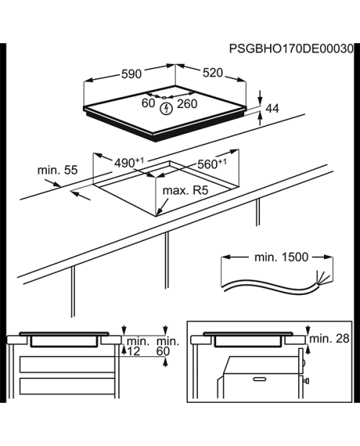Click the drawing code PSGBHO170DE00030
[291, 49]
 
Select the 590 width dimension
[131, 74]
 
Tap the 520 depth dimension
[212, 73]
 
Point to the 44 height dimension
[272, 109]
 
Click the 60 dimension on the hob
[148, 103]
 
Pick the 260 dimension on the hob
[187, 104]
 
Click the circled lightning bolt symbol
[166, 109]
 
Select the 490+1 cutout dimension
[129, 163]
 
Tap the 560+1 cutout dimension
[212, 164]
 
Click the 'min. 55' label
[58, 170]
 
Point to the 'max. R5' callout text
[185, 191]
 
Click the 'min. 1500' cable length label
[282, 257]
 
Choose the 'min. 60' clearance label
[168, 346]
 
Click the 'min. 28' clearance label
[329, 339]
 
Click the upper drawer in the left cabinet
[67, 365]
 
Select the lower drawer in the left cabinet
[67, 386]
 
